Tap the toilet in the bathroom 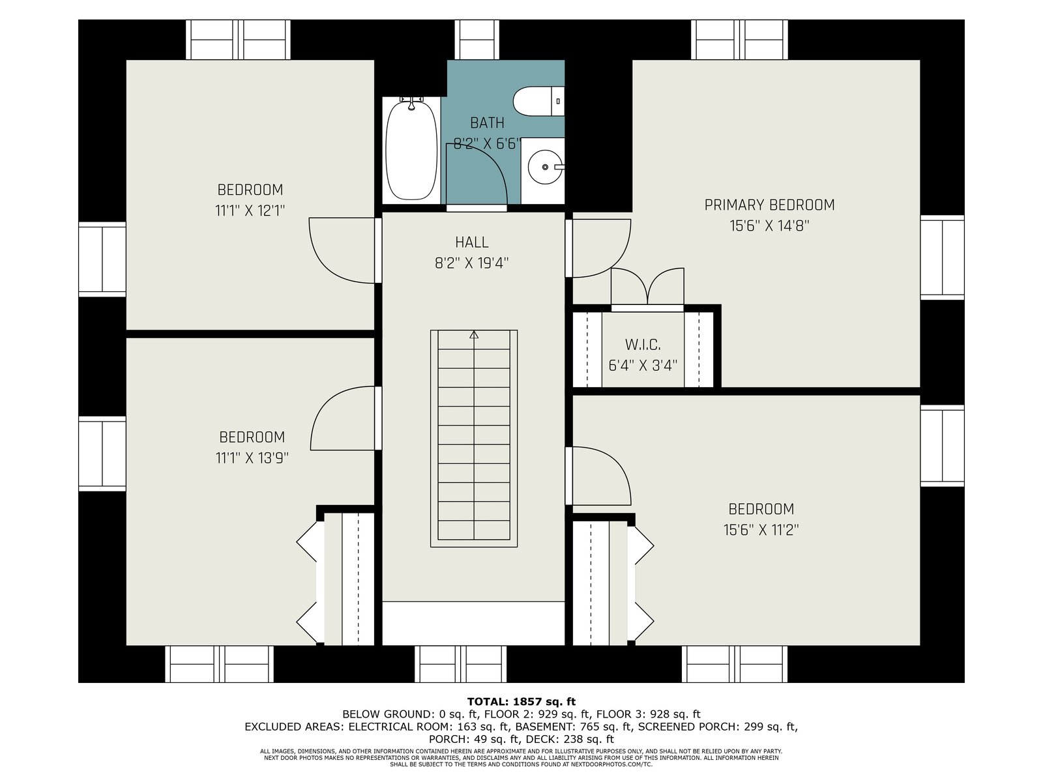(538, 101)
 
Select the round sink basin (546, 167)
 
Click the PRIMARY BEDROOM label (769, 205)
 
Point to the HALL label (471, 242)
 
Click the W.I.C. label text (643, 344)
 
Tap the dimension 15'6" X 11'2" (761, 529)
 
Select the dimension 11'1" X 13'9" (252, 457)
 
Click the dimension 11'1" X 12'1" (250, 210)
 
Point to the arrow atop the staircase (474, 335)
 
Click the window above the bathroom (477, 39)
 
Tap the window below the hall (460, 664)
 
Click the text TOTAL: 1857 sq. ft (521, 702)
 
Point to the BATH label (487, 123)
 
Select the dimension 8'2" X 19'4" (471, 263)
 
